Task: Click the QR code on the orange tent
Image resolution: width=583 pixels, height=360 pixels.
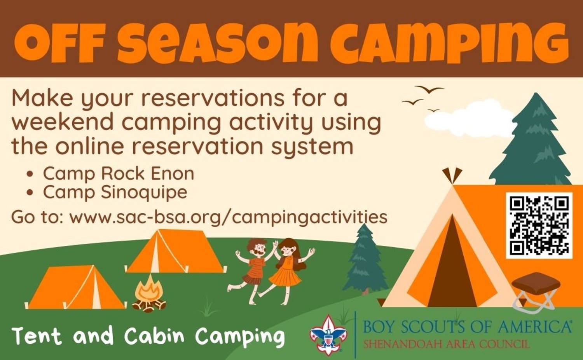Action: pyautogui.click(x=539, y=225)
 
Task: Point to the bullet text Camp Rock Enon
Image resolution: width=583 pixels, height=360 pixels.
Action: pyautogui.click(x=119, y=173)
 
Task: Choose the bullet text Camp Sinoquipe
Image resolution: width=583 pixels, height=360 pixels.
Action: pyautogui.click(x=115, y=192)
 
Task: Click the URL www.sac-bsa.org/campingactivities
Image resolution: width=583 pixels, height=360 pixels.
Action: pyautogui.click(x=228, y=217)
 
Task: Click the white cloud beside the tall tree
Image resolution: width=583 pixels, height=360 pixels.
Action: pyautogui.click(x=468, y=124)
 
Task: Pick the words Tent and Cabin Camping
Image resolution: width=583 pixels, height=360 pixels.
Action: pyautogui.click(x=148, y=336)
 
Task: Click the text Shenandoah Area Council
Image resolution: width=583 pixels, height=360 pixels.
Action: pyautogui.click(x=446, y=344)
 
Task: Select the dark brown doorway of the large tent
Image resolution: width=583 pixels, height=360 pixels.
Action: pyautogui.click(x=452, y=263)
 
